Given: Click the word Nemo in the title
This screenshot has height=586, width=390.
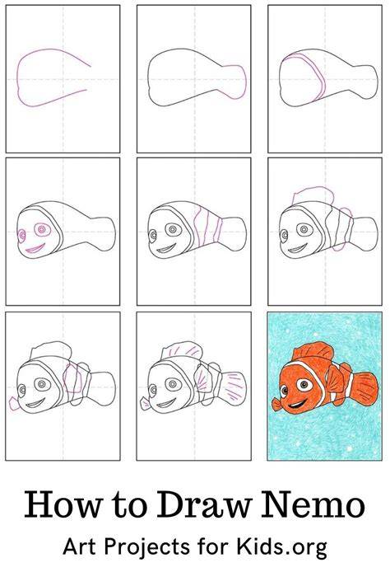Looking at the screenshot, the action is [313, 504].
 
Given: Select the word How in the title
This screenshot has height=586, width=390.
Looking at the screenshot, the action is [63, 504].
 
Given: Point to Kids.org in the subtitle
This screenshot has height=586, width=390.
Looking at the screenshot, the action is [281, 547].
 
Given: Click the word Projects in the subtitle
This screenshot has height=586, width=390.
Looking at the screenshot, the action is [147, 548].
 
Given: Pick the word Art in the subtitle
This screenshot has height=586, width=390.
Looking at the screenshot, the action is [81, 547].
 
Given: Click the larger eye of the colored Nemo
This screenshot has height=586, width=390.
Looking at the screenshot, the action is [304, 384].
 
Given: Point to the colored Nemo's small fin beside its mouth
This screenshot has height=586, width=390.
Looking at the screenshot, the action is [276, 405].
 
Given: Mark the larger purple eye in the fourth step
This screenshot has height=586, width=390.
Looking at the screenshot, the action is [42, 230].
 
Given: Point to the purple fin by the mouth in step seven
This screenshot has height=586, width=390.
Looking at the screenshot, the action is [14, 405].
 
